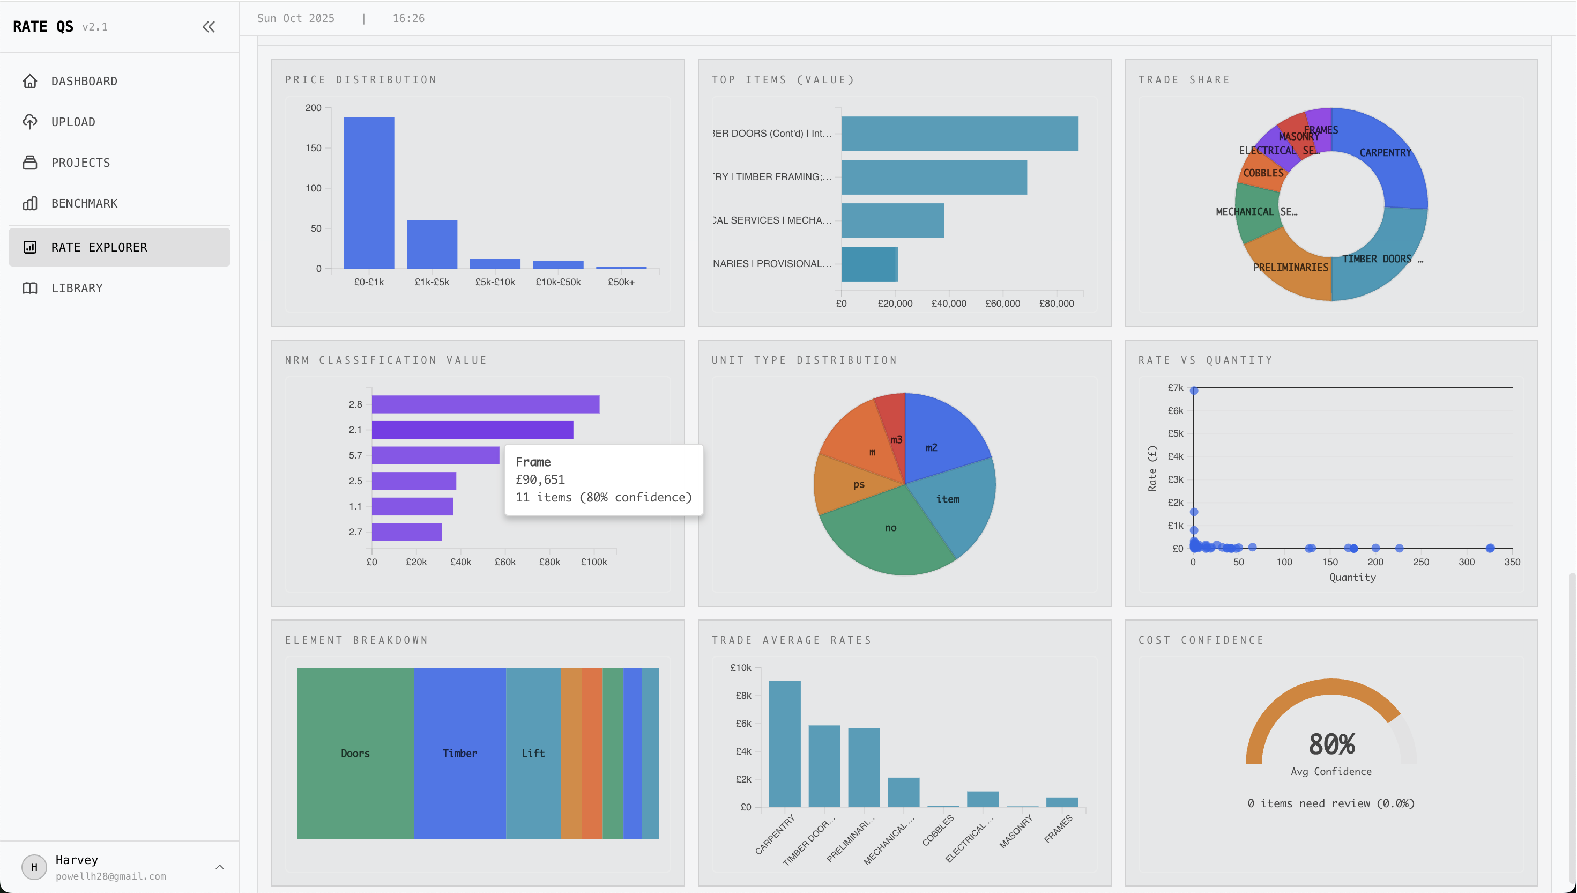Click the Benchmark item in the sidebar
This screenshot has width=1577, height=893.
point(84,204)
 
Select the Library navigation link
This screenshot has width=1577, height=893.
point(77,288)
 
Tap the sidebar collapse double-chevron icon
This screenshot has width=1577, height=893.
point(209,27)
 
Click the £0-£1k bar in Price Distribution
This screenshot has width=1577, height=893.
point(368,193)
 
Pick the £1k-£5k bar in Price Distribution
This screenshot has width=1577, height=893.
point(432,244)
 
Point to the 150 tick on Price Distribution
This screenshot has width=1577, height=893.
point(313,149)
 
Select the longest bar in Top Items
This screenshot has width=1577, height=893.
point(959,134)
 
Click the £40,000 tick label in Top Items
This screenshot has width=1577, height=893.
point(948,304)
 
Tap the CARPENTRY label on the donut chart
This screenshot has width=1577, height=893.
point(1385,153)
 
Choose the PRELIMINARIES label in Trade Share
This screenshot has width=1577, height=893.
point(1290,268)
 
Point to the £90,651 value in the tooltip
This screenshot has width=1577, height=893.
point(540,479)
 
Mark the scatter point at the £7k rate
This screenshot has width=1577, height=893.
point(1193,390)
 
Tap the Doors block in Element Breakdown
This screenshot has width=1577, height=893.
point(355,753)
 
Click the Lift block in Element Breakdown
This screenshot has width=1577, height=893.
point(533,753)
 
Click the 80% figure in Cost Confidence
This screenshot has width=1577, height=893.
point(1330,744)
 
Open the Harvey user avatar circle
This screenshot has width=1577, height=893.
point(34,867)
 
